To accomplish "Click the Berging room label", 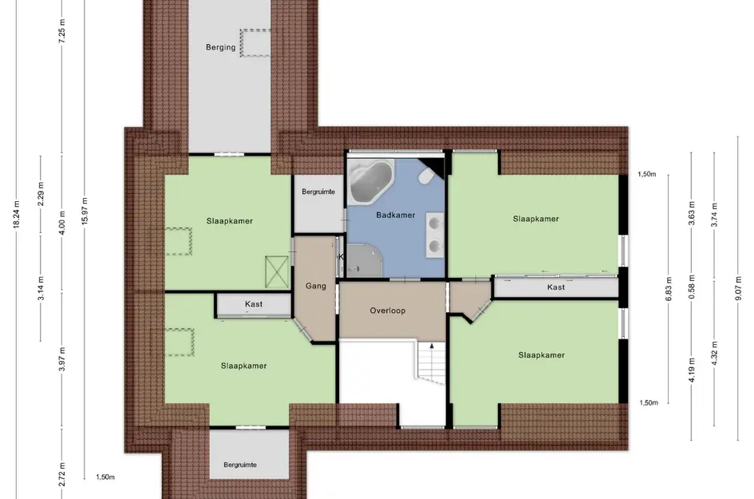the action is [x=221, y=47].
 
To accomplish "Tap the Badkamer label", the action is [x=395, y=215].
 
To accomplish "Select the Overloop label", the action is [x=388, y=311].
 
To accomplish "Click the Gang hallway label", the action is [x=316, y=286].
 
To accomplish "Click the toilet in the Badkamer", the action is [x=425, y=176].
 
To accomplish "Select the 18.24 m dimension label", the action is [x=16, y=215].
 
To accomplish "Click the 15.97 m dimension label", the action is [x=85, y=212].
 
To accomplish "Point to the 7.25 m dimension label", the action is [x=62, y=32].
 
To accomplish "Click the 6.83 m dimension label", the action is [x=669, y=289].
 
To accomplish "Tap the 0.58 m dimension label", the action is [x=692, y=287].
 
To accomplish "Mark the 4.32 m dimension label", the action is [x=714, y=353].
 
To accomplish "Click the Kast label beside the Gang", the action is [x=254, y=304].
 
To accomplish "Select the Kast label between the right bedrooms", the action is [x=556, y=287].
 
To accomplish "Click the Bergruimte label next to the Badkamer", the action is [x=318, y=192].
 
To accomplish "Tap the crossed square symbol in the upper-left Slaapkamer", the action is [x=277, y=272].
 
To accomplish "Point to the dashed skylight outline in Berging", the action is [x=255, y=43].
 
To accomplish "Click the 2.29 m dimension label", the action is [x=41, y=193].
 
